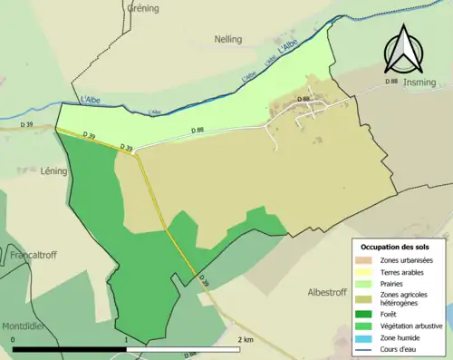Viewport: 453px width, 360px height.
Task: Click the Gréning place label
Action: (142, 8)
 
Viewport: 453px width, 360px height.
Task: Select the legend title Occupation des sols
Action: (397, 247)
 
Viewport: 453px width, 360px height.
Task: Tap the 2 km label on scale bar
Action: (245, 340)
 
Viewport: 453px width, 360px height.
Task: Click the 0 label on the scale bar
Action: (14, 340)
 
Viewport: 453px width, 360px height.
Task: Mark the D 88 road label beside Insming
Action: (391, 83)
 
